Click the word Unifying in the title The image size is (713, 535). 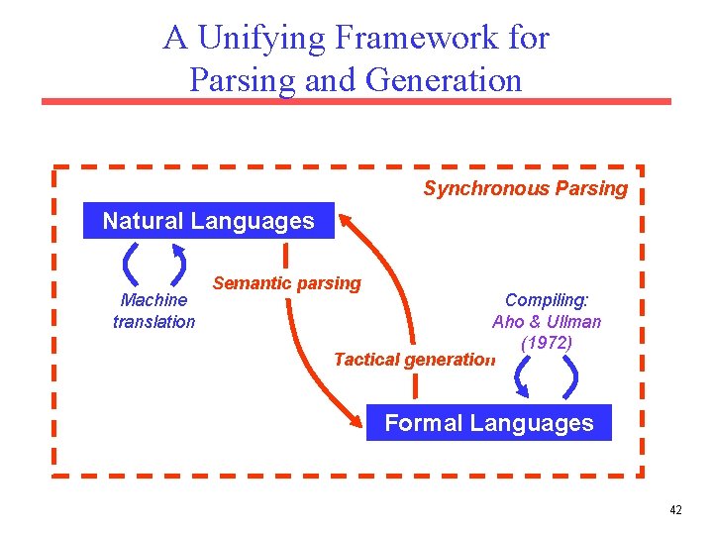261,38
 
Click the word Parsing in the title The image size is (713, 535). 243,79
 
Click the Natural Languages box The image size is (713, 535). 208,221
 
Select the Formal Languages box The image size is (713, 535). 488,423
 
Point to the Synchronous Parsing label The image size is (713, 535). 525,188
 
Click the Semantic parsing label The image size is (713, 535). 287,283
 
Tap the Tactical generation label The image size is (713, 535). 413,360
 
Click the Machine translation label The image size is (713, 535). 153,310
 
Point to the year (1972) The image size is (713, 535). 546,343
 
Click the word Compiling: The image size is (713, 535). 547,299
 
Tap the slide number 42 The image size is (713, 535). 675,510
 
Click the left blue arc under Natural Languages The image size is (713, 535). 130,265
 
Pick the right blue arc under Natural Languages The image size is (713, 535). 179,265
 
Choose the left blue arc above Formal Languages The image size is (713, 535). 521,376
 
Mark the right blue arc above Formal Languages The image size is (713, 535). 573,376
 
